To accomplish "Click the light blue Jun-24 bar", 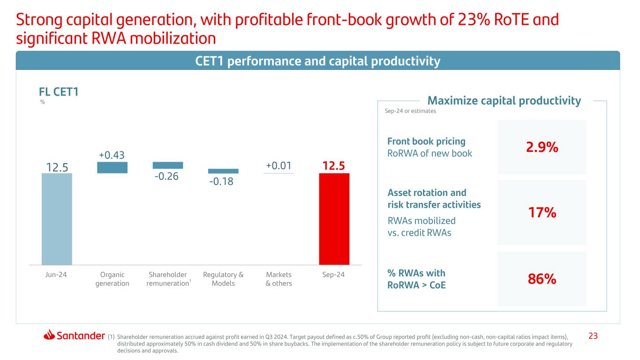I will click(x=57, y=219).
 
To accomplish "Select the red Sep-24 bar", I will click(x=334, y=219).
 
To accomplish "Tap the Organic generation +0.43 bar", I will click(x=112, y=167).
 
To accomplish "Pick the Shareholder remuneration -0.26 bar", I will click(x=168, y=165).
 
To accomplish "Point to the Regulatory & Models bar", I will click(x=223, y=171).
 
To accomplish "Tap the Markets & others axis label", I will click(x=279, y=279).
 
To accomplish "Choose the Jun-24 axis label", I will click(x=57, y=275).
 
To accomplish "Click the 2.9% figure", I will click(x=541, y=147).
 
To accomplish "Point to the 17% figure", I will click(x=541, y=213).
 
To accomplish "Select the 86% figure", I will click(x=541, y=279).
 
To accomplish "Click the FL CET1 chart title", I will click(x=59, y=92).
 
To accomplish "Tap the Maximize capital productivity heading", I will click(x=504, y=101).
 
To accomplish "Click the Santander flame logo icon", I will click(x=50, y=335).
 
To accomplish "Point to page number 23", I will click(x=594, y=336).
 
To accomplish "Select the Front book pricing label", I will click(x=426, y=141).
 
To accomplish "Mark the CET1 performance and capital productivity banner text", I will click(x=317, y=61).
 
